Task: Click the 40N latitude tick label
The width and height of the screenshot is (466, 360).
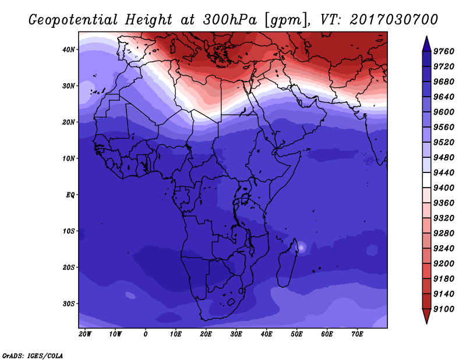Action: coord(69,50)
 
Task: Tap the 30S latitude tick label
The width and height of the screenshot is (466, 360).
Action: coord(69,304)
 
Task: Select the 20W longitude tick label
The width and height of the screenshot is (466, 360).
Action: coord(85,334)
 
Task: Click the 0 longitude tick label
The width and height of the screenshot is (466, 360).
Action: coord(145,334)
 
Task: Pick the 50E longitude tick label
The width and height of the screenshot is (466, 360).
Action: coord(296,334)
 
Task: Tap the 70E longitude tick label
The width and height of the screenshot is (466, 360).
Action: coord(357,334)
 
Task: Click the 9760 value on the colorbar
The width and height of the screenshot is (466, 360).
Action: coord(443,51)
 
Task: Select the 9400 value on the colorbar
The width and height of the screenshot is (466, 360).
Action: coord(443,188)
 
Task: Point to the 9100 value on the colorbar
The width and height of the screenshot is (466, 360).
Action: coord(443,309)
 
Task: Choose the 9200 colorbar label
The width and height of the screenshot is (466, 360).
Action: coord(443,264)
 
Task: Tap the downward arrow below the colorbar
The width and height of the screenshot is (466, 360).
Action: coord(426,316)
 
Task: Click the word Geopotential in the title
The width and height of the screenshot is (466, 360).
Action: coord(73,20)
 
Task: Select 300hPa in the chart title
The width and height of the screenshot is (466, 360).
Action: coord(230,20)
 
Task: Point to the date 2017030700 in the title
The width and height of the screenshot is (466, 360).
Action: coord(394,20)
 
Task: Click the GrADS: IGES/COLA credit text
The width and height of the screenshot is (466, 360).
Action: coord(33,355)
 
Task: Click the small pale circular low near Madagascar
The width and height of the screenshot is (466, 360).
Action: coord(301,248)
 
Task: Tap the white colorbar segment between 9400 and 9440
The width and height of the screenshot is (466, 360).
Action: coord(426,180)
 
